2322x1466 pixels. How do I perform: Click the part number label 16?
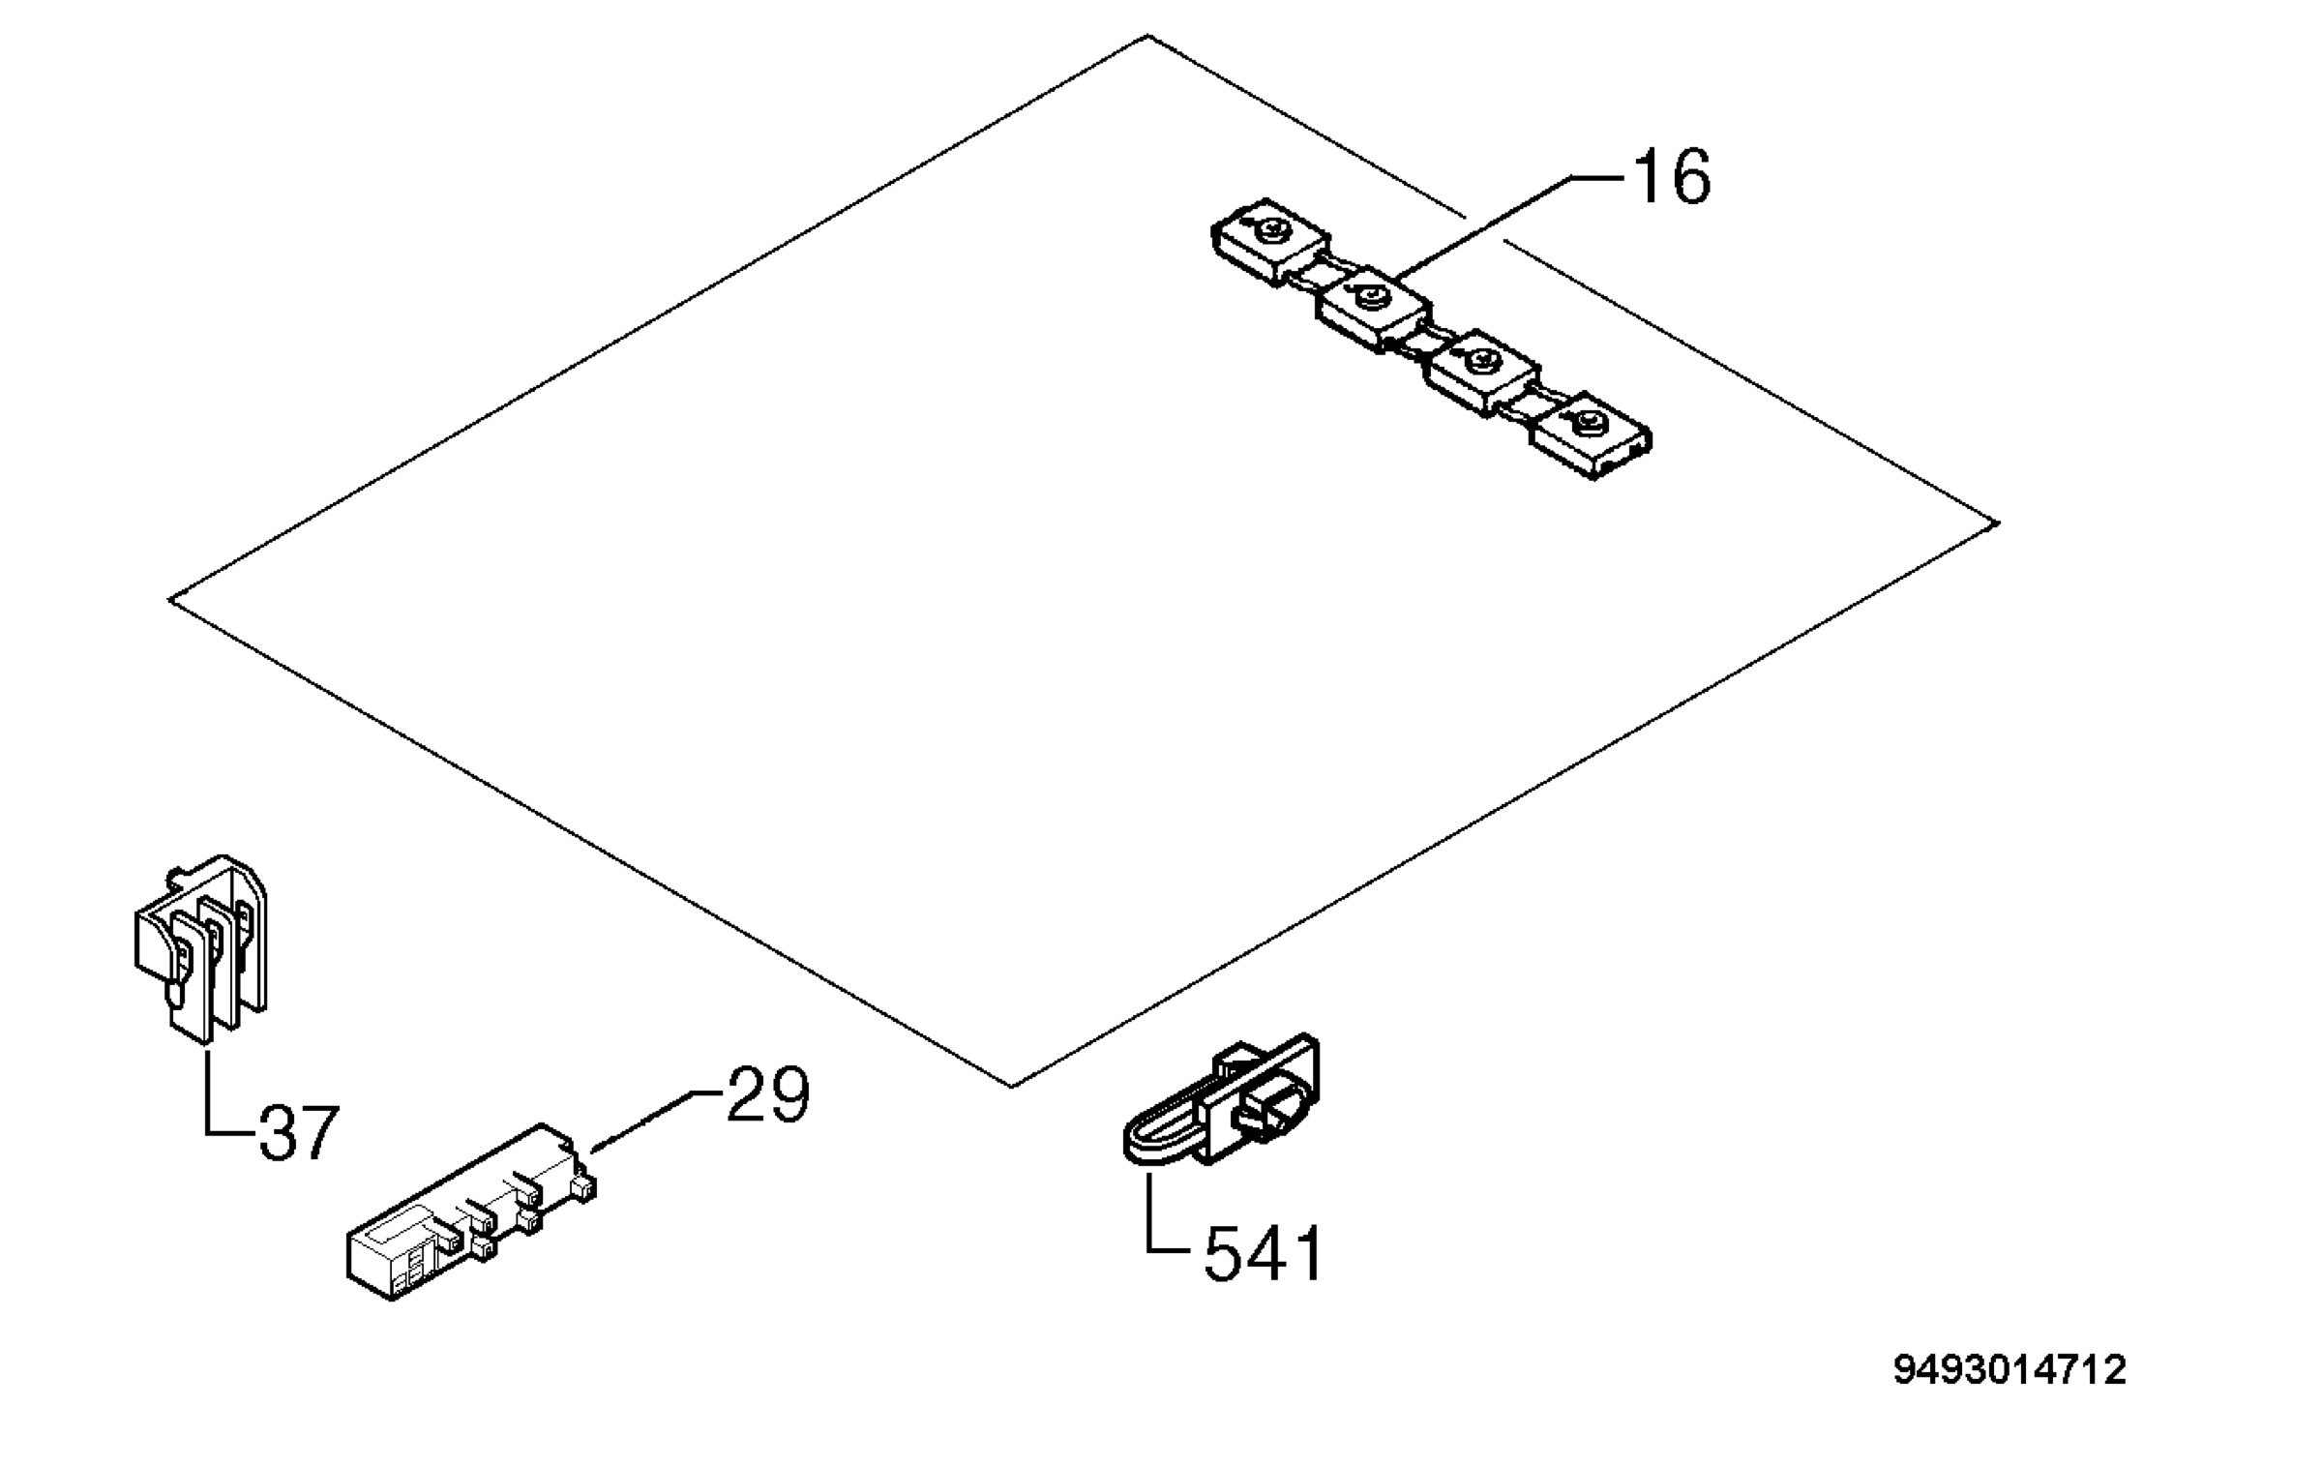1672,177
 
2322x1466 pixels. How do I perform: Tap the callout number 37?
299,1132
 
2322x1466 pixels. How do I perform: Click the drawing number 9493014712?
2009,1370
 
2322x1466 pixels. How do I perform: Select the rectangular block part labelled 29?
471,1212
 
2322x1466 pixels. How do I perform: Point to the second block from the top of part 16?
1373,310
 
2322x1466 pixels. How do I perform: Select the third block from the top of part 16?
1484,374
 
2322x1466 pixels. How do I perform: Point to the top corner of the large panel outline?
1147,36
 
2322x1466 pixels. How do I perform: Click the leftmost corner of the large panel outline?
170,600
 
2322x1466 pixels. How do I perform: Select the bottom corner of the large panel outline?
1011,1086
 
